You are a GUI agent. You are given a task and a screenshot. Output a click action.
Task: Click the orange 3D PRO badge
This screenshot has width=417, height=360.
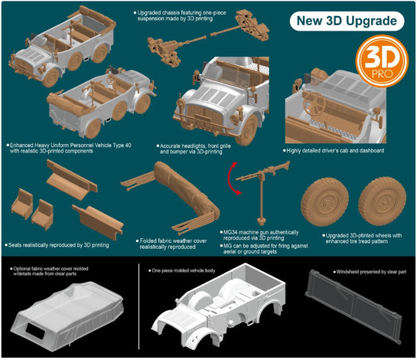point(382,61)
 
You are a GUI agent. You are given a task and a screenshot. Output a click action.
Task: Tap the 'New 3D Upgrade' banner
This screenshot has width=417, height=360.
point(347,21)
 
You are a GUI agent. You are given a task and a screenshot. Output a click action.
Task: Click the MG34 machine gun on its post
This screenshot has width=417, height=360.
point(262,186)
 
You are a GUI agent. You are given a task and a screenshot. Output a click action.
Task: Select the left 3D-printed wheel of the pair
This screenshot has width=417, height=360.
point(324,202)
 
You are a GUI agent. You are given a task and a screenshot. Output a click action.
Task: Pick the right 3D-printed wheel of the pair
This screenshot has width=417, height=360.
point(382,201)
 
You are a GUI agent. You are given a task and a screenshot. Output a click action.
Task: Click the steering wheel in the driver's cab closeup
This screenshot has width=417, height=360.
point(314,103)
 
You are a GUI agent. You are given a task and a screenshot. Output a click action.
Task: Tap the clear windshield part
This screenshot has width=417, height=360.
point(353,306)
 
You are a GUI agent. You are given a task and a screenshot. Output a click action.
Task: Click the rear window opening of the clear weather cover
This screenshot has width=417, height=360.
point(35,331)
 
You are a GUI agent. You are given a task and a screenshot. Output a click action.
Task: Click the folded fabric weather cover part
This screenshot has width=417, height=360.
point(176,196)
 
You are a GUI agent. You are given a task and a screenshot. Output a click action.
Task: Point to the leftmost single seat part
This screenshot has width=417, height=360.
point(22,204)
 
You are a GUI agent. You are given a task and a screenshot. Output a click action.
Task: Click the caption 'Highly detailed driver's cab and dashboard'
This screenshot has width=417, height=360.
point(334,150)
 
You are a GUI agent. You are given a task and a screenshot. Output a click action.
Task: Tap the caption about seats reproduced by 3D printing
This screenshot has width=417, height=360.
point(57,245)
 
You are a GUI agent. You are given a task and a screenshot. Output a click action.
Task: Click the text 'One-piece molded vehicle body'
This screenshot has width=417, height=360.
point(181,270)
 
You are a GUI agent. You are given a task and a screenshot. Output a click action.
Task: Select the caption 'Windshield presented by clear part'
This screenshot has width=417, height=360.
point(370,272)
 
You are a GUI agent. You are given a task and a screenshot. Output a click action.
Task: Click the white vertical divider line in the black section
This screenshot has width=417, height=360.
point(138,306)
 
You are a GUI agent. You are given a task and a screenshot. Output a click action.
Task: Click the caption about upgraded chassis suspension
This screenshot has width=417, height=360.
point(180,16)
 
